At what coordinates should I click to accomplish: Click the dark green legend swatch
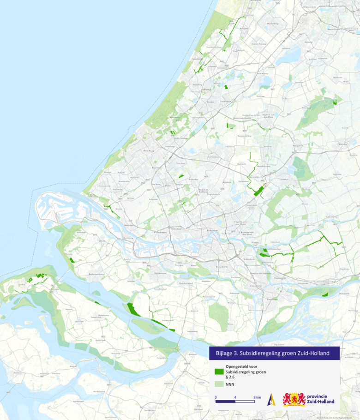click(219, 372)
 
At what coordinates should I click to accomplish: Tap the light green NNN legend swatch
click(219, 384)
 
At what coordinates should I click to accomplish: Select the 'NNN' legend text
click(229, 384)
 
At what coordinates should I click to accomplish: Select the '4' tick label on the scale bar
click(235, 397)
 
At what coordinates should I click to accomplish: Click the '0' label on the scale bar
click(216, 397)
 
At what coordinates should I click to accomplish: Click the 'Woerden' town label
click(342, 144)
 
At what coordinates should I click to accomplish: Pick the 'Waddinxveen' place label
click(264, 166)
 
